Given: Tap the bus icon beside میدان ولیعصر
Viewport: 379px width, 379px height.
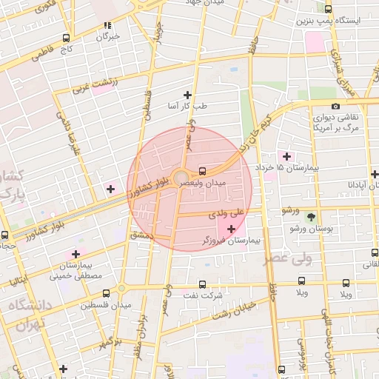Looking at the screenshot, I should [x=204, y=169].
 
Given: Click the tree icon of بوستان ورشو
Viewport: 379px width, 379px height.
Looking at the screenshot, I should [x=312, y=218].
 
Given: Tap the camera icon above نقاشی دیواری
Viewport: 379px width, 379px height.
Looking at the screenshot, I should [x=335, y=106].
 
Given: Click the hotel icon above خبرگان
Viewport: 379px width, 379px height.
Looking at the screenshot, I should [x=108, y=24].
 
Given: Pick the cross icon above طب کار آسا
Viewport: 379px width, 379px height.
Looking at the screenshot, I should [x=187, y=94].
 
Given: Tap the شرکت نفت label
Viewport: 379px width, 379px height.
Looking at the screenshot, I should [x=204, y=295].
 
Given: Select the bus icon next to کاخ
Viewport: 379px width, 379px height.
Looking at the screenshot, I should [x=67, y=38].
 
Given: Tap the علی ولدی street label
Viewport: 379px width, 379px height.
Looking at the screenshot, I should [x=229, y=213].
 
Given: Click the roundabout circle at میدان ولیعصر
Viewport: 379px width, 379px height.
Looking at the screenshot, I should [x=181, y=177].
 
